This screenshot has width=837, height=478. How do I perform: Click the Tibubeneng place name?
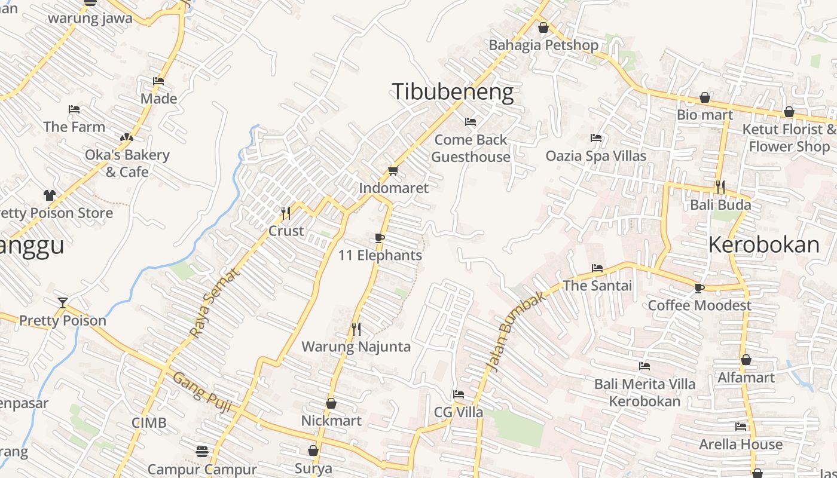click(453, 92)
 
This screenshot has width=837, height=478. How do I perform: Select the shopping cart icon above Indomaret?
click(393, 171)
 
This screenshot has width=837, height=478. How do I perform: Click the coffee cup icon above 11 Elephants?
click(379, 238)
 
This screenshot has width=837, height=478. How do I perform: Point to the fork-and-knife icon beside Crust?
click(286, 213)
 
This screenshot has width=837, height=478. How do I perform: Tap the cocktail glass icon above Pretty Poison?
click(63, 303)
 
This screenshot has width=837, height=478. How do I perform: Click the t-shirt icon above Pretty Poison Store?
click(49, 195)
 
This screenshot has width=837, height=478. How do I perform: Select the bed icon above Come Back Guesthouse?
click(471, 122)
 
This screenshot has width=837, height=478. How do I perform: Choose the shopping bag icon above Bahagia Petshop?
click(543, 27)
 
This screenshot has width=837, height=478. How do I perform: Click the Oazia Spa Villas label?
click(595, 156)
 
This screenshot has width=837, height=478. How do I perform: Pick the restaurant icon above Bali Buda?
click(720, 187)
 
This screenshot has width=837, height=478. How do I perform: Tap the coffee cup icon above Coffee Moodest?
click(699, 289)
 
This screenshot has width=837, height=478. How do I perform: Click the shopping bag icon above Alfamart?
click(746, 360)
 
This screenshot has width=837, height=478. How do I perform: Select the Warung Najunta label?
click(356, 347)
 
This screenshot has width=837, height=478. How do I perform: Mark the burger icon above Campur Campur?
click(202, 451)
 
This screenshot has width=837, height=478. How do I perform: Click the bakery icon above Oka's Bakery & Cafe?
click(126, 137)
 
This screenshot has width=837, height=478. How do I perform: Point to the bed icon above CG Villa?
click(458, 394)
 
